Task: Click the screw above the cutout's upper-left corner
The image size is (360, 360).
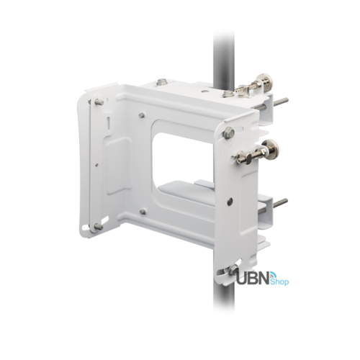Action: (142, 114)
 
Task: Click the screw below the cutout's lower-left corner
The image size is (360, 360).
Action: (143, 211)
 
